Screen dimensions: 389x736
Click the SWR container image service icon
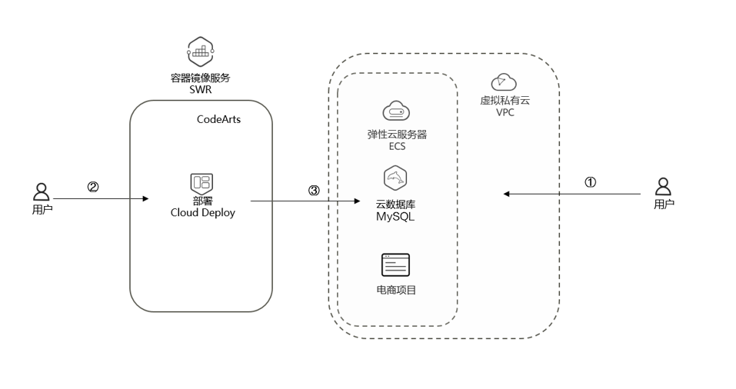coord(200,52)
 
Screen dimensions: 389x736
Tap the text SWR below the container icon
coord(200,90)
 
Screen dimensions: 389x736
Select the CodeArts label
coord(219,119)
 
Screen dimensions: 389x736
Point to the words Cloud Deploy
coord(203,213)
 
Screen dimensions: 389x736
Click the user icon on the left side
coord(42,191)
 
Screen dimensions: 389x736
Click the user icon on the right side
coord(663,187)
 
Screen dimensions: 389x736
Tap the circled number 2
coord(93,187)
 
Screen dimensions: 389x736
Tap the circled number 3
coord(313,191)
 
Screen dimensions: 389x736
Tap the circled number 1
coord(591,183)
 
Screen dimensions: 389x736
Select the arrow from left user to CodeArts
coord(100,199)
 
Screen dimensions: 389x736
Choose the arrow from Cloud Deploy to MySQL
coord(305,201)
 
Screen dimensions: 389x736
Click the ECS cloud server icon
coord(396,111)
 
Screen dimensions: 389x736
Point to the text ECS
coord(397,146)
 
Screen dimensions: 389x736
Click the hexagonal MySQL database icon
coord(395,178)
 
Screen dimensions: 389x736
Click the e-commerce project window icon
coord(395,265)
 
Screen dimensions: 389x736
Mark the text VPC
coord(505,112)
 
